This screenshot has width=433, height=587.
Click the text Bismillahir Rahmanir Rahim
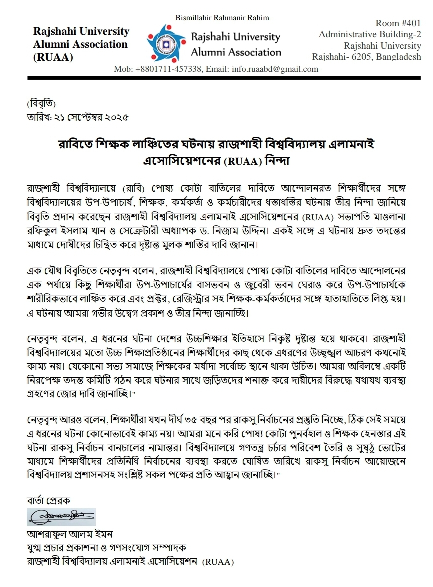click(222, 18)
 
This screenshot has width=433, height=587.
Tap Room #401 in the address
click(398, 23)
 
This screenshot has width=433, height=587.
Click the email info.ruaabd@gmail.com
click(275, 69)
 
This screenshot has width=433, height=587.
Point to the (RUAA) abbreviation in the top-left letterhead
click(53, 57)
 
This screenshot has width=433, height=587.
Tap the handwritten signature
click(61, 517)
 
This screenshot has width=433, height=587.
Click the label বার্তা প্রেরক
click(48, 500)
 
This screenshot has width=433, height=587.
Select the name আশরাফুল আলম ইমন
click(64, 534)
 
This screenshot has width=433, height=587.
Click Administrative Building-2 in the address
click(370, 34)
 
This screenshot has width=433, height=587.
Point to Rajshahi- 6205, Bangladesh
click(366, 57)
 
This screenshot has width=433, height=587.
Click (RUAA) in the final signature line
click(218, 562)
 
